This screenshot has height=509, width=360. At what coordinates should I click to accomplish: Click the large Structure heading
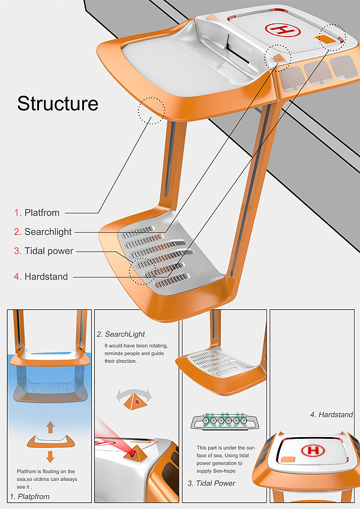click(x=58, y=104)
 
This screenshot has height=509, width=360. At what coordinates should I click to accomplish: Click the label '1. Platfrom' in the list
click(x=37, y=213)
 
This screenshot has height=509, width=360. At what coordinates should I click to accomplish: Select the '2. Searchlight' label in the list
click(x=43, y=232)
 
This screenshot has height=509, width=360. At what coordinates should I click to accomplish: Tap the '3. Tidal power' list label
click(x=44, y=251)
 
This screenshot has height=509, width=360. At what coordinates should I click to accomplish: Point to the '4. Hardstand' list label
click(x=41, y=276)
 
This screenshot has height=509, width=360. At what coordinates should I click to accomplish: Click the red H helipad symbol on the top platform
click(x=282, y=30)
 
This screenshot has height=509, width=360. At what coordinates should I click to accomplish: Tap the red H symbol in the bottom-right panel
click(x=313, y=450)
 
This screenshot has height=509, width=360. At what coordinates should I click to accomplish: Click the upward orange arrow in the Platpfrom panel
click(x=50, y=427)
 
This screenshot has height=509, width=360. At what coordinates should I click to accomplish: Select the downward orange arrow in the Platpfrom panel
click(x=50, y=456)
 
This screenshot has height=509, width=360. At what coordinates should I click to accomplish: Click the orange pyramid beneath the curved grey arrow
click(x=135, y=402)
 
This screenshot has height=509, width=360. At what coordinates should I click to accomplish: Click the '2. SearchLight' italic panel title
click(x=121, y=335)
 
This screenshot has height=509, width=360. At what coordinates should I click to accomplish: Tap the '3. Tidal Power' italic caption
click(x=212, y=483)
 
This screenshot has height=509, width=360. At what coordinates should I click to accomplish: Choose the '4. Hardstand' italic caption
click(x=331, y=414)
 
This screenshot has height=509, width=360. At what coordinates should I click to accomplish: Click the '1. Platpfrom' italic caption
click(x=29, y=496)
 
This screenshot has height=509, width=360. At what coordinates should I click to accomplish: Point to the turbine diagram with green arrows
click(x=224, y=421)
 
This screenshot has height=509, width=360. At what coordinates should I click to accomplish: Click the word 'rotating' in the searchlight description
click(x=157, y=346)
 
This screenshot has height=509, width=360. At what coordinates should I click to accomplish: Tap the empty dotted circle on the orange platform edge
click(x=151, y=110)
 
